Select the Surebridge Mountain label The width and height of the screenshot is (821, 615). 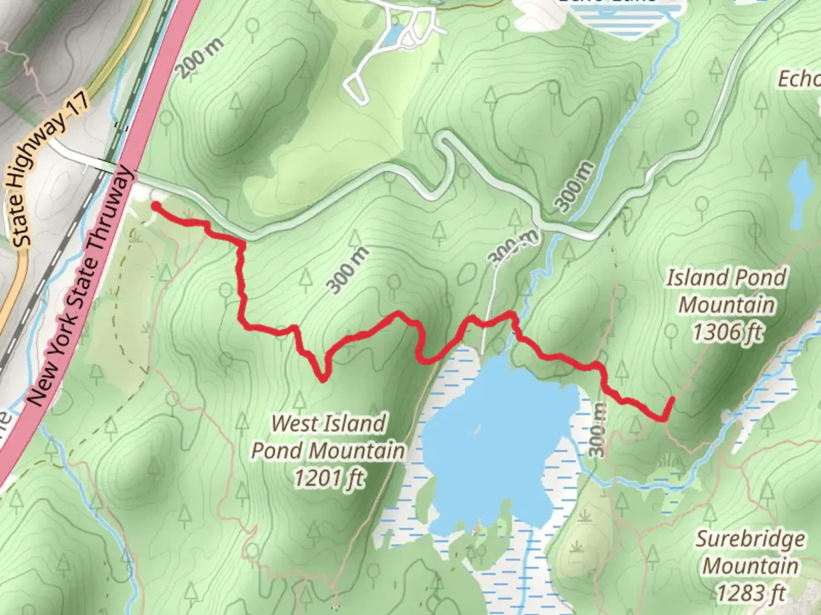coord(750,552)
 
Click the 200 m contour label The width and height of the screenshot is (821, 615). coord(200,59)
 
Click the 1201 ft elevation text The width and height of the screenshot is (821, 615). coord(328,478)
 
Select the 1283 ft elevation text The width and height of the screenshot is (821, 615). coord(750,593)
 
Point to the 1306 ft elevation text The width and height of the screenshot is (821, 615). coord(726,331)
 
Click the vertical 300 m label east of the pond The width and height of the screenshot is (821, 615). coord(596,430)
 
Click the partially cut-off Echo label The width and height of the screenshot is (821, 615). coord(799,79)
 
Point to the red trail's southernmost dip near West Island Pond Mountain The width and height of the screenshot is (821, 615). coord(323,377)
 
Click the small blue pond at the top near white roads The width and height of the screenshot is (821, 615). coord(392,35)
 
